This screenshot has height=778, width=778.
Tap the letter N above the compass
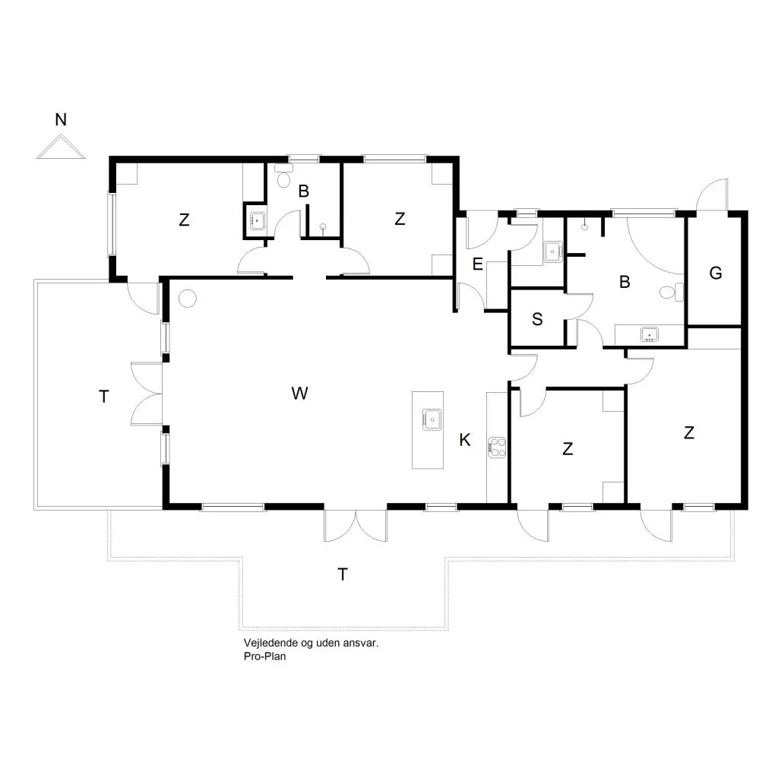(x=61, y=119)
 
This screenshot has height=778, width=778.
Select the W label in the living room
(x=299, y=394)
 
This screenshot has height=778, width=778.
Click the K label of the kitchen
(x=465, y=440)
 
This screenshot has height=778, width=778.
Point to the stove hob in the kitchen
(x=497, y=447)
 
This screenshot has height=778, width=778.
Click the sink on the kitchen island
(x=432, y=419)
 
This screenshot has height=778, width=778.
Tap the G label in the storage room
(x=716, y=273)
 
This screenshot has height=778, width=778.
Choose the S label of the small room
(x=537, y=319)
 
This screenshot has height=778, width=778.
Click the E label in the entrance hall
(x=478, y=264)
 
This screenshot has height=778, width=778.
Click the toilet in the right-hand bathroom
(x=672, y=292)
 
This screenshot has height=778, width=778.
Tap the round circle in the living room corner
(x=188, y=299)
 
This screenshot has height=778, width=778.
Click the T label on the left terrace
(x=103, y=397)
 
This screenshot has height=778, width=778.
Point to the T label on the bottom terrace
(x=343, y=574)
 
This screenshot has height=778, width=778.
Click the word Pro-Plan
(x=265, y=656)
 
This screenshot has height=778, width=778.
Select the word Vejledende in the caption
(x=270, y=643)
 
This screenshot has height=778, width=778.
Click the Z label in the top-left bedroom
(x=184, y=220)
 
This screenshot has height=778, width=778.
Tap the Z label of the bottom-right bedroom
(x=688, y=433)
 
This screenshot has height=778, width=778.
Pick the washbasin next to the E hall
(x=552, y=251)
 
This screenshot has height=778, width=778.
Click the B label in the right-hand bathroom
(x=625, y=282)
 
